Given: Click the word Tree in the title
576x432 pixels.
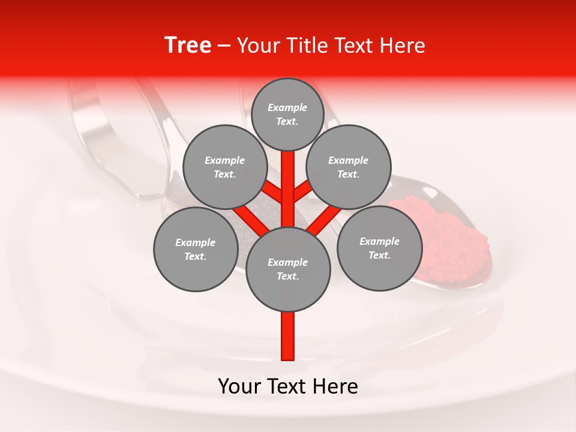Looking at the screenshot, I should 188,45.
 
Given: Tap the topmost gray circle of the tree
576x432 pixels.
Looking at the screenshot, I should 287,114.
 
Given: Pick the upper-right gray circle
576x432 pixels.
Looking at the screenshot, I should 348,167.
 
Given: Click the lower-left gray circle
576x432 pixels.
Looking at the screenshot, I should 195,249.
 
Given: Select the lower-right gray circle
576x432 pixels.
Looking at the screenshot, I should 379,248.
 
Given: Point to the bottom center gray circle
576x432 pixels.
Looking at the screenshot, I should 288,269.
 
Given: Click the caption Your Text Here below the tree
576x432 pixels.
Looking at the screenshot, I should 288,386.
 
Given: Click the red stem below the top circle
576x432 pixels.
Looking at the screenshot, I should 288,174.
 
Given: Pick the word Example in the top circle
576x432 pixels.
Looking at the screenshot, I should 287,107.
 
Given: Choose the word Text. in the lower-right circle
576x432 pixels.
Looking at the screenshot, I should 379,255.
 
